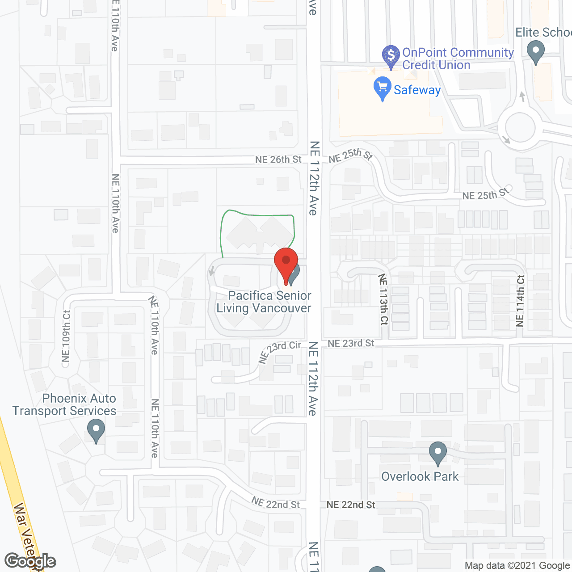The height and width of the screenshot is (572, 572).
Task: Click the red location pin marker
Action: [x=286, y=263]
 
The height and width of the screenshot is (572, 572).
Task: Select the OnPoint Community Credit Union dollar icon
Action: [x=391, y=56]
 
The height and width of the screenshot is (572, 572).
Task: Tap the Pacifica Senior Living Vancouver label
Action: [x=264, y=302]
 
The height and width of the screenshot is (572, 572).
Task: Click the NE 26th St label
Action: [x=278, y=160]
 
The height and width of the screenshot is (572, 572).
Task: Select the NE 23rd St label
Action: [x=351, y=343]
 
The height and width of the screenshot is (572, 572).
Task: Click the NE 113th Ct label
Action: [x=383, y=299]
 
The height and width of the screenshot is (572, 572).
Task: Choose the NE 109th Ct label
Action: [x=66, y=336]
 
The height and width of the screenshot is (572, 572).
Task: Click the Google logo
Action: [x=30, y=561]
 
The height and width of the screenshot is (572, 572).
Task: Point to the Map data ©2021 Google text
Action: [x=517, y=566]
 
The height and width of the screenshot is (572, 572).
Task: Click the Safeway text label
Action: [x=417, y=90]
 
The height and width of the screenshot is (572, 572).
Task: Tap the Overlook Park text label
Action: [x=420, y=477]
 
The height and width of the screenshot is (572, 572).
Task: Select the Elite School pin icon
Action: [x=535, y=51]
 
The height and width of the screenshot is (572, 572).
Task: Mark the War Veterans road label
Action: [x=27, y=536]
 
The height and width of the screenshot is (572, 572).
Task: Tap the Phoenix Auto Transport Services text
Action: [x=65, y=405]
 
